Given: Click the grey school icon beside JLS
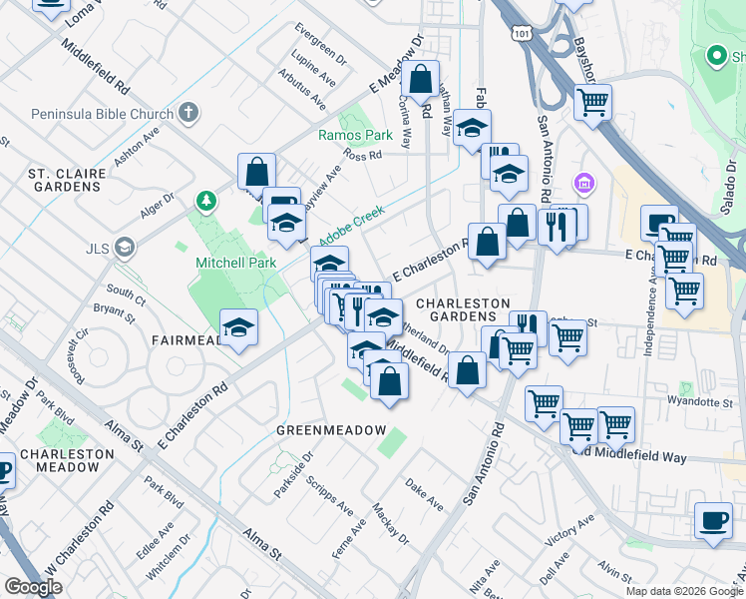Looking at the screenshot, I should pyautogui.click(x=124, y=247).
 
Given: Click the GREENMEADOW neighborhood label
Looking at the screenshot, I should pyautogui.click(x=330, y=429).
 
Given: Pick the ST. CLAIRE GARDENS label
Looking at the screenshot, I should pyautogui.click(x=67, y=180).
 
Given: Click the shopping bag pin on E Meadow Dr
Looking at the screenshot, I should pyautogui.click(x=421, y=80).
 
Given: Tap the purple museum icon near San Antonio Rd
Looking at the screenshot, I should pyautogui.click(x=583, y=184).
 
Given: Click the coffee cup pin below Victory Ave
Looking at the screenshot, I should pyautogui.click(x=714, y=520).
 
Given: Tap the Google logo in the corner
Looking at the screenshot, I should pyautogui.click(x=33, y=587).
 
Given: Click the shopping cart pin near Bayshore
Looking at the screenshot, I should pyautogui.click(x=592, y=102).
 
